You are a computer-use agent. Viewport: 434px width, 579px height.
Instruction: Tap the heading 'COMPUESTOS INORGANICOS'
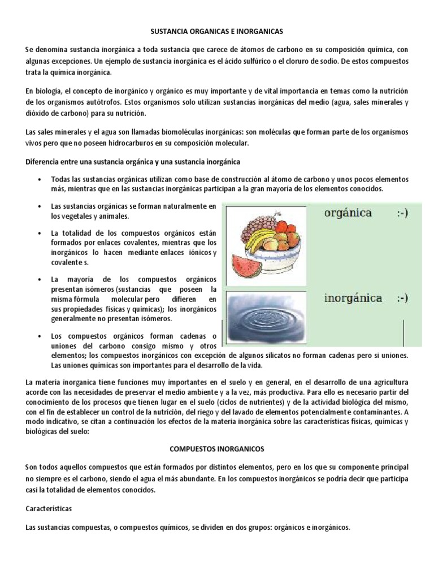pos(218,448)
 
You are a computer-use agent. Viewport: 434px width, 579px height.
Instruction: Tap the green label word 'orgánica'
pos(348,213)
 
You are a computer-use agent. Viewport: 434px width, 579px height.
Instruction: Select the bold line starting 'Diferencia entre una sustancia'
pos(133,162)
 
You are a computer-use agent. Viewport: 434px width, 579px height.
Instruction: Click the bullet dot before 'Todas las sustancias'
pos(39,179)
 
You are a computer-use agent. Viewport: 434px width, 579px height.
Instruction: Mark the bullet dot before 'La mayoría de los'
pos(39,280)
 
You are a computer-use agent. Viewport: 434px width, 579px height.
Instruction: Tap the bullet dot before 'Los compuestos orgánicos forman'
pos(39,336)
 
